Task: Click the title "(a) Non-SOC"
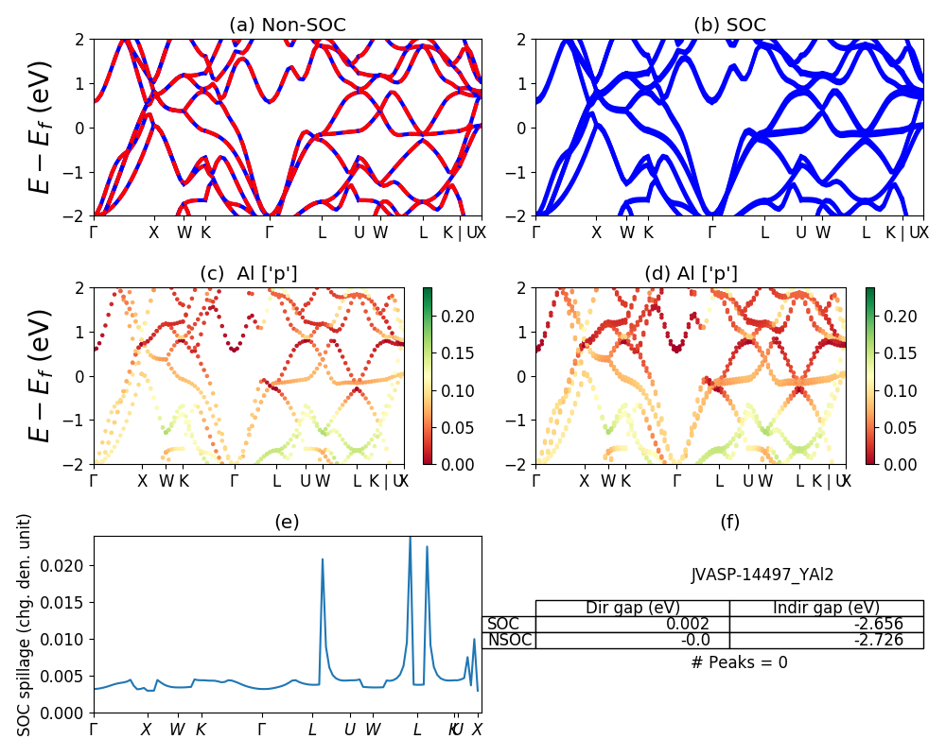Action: [287, 26]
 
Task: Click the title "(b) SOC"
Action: [729, 26]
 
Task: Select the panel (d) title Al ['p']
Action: [691, 274]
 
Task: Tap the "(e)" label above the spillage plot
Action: [287, 522]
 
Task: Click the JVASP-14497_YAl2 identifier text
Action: [762, 575]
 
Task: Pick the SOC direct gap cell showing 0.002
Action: [632, 624]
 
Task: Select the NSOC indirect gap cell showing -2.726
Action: [826, 640]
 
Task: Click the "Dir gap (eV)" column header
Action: [632, 608]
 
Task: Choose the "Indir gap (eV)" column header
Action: [826, 608]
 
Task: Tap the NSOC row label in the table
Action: [509, 640]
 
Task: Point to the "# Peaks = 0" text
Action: [739, 662]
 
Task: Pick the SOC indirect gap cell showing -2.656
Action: [826, 624]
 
